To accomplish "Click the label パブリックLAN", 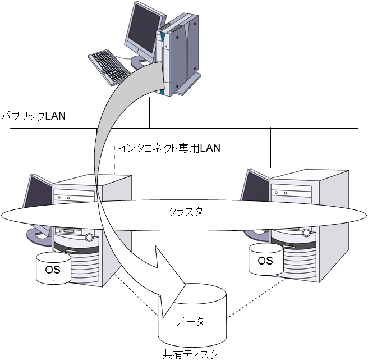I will coord(33,116).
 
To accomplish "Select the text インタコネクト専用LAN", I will coord(169,149).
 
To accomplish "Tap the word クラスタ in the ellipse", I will coord(185,212).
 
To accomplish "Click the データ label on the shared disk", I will coord(190,322).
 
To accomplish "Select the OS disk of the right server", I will coord(265,260).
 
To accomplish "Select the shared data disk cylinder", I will coord(194,315).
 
